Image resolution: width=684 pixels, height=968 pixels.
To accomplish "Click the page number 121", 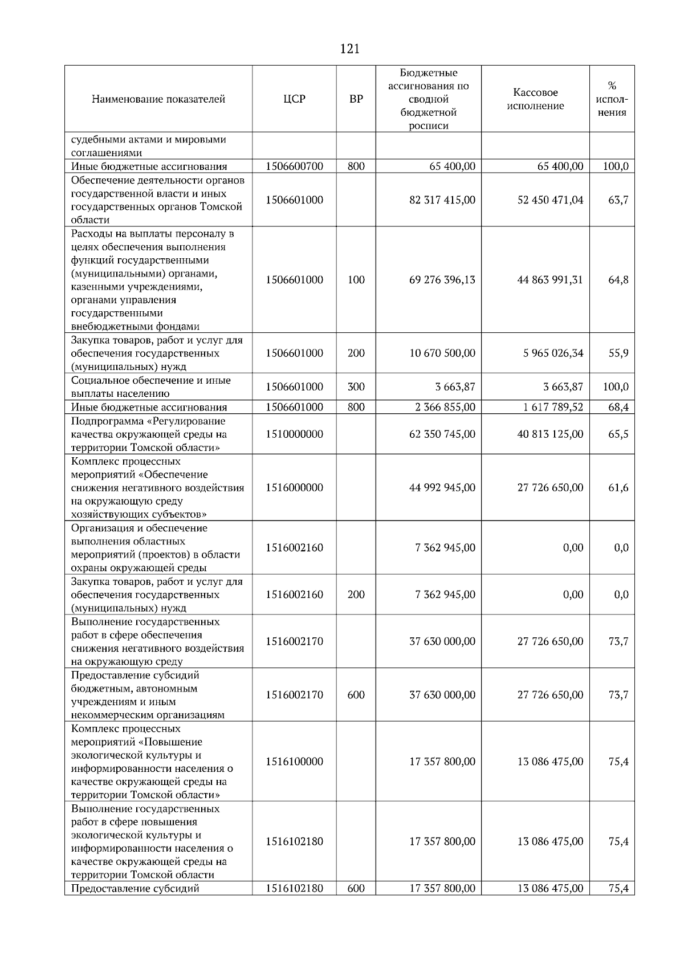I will point(349,49).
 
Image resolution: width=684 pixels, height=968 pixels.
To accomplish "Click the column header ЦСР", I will point(294,99).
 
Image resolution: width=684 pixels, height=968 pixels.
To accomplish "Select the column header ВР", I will point(356,99).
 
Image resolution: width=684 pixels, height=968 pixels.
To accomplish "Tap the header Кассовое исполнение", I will point(535,99).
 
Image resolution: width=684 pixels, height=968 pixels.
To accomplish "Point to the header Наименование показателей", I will point(158,99).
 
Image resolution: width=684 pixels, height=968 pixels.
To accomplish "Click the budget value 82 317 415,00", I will point(442,200).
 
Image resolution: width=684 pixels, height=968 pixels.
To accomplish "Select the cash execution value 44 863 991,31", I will point(550,280).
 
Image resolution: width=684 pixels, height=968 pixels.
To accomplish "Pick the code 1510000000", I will point(294,434).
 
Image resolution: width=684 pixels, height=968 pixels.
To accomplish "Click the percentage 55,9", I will point(618,353).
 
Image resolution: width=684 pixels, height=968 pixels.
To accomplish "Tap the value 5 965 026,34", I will point(553,353).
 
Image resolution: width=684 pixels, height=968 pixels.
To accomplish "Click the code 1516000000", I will point(294,488).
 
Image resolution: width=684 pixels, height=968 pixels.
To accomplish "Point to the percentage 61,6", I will point(618,488).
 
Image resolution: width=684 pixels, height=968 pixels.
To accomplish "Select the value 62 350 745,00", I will point(442,434).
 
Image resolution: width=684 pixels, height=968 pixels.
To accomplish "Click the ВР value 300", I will point(356,387).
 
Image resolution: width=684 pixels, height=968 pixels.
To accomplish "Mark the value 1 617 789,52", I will point(550,407).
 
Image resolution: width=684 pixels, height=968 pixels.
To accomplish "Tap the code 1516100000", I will point(294,762).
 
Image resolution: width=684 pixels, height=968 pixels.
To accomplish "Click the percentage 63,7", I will point(618,200).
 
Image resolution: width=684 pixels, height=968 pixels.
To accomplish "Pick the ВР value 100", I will point(356,280).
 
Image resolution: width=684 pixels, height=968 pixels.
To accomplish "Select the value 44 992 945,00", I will point(442,488).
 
